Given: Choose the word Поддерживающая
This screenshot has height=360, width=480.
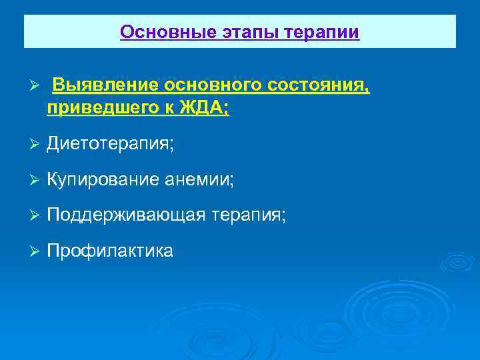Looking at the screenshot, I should pyautogui.click(x=125, y=215).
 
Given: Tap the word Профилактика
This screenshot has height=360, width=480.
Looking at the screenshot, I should pyautogui.click(x=110, y=251).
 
